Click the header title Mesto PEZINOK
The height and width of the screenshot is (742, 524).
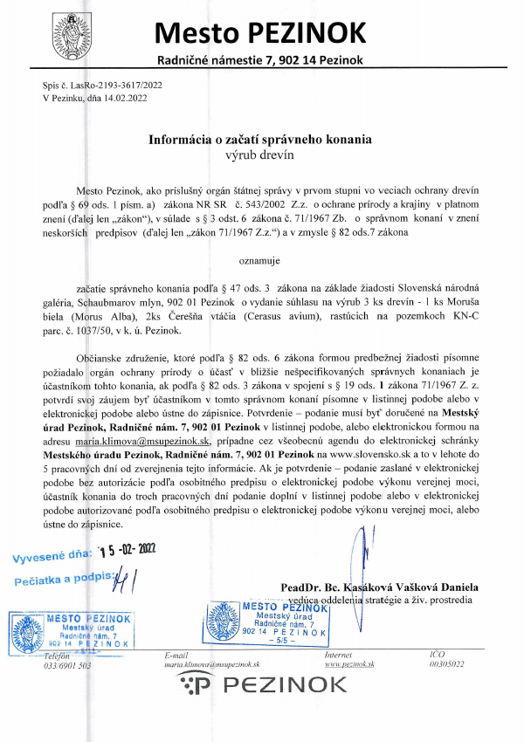pos(261,32)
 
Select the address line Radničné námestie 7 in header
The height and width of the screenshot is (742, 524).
pos(261,60)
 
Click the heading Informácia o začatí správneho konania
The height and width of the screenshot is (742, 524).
pos(260,139)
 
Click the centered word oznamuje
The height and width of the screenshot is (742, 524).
pos(260,260)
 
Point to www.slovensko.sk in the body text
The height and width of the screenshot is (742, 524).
pos(359,456)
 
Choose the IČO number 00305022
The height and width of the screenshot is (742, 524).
pos(447,664)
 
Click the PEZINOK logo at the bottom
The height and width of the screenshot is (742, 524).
pos(260,688)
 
